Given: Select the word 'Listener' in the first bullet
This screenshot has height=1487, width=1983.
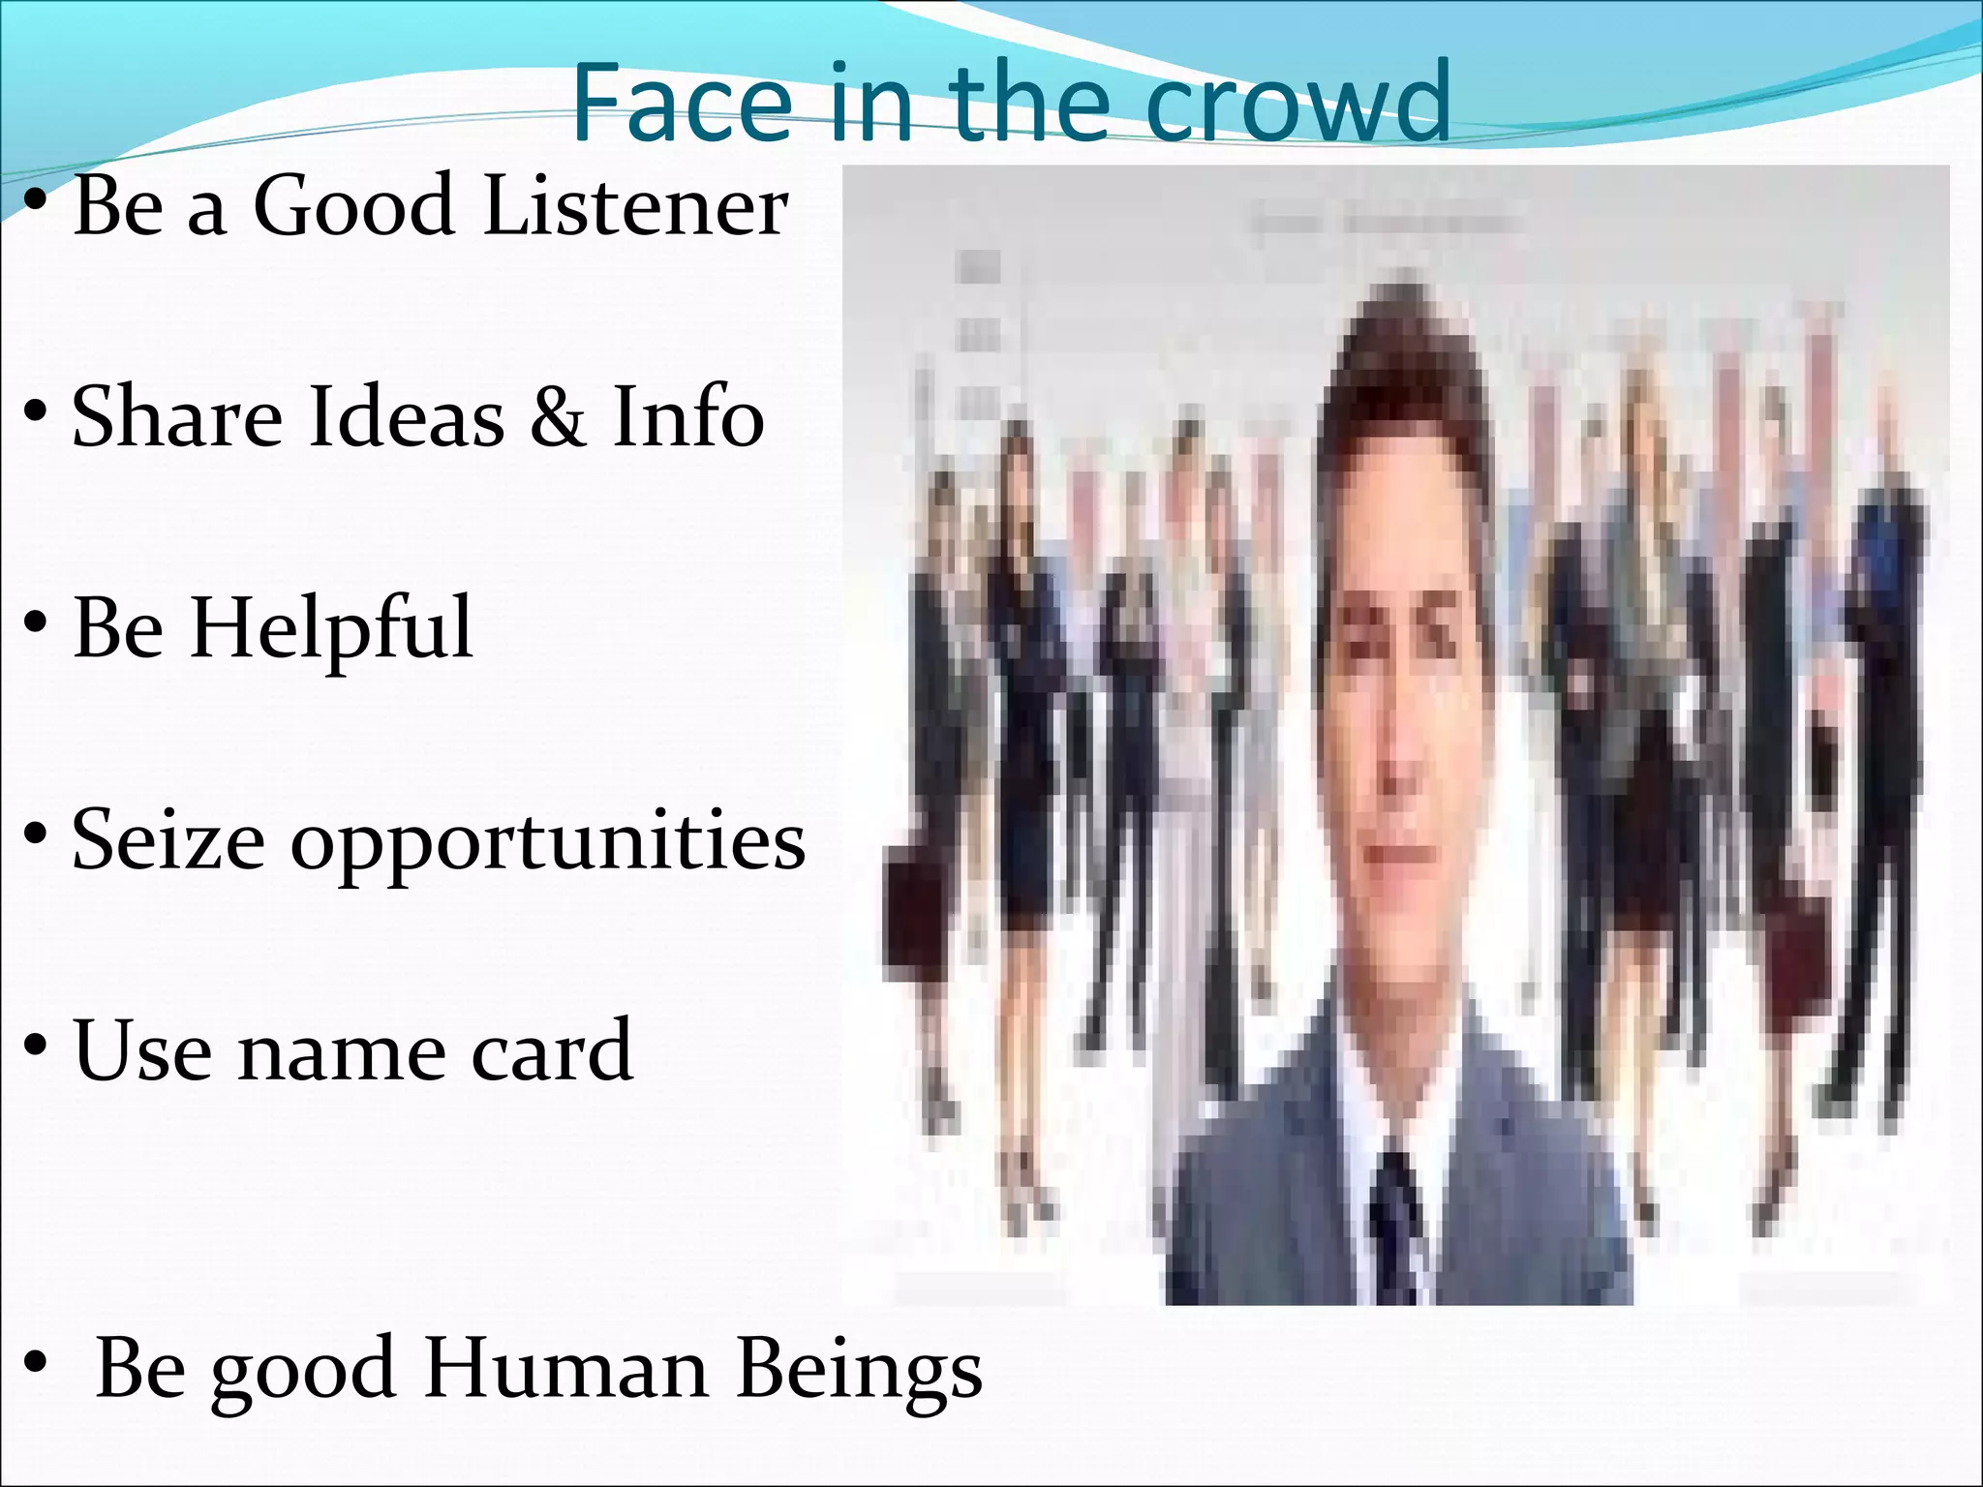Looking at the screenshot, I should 636,205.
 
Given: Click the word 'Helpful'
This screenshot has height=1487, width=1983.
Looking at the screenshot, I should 331,629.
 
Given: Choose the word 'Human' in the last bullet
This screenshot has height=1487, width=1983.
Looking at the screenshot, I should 566,1369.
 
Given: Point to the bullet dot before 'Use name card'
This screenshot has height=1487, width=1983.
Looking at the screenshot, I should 36,1046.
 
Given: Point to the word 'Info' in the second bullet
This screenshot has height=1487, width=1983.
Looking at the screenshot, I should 688,416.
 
